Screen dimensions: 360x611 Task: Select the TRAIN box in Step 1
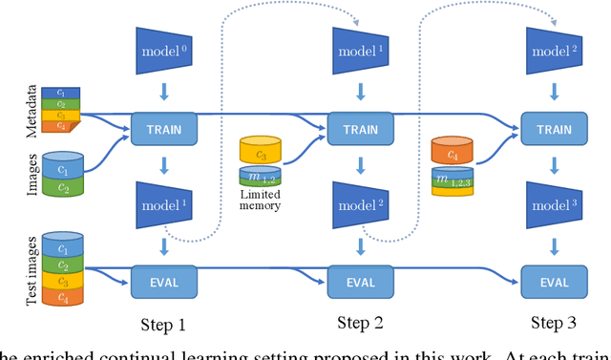pos(162,126)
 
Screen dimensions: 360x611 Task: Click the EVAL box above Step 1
pos(162,282)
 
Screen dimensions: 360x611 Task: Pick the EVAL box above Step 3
pos(554,282)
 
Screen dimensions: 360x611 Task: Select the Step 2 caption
pos(360,322)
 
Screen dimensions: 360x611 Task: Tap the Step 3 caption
pos(554,322)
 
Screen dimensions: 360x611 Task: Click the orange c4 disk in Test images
pos(61,297)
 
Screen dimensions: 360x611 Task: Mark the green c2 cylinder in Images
pos(63,186)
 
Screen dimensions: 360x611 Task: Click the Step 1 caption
pos(162,325)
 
